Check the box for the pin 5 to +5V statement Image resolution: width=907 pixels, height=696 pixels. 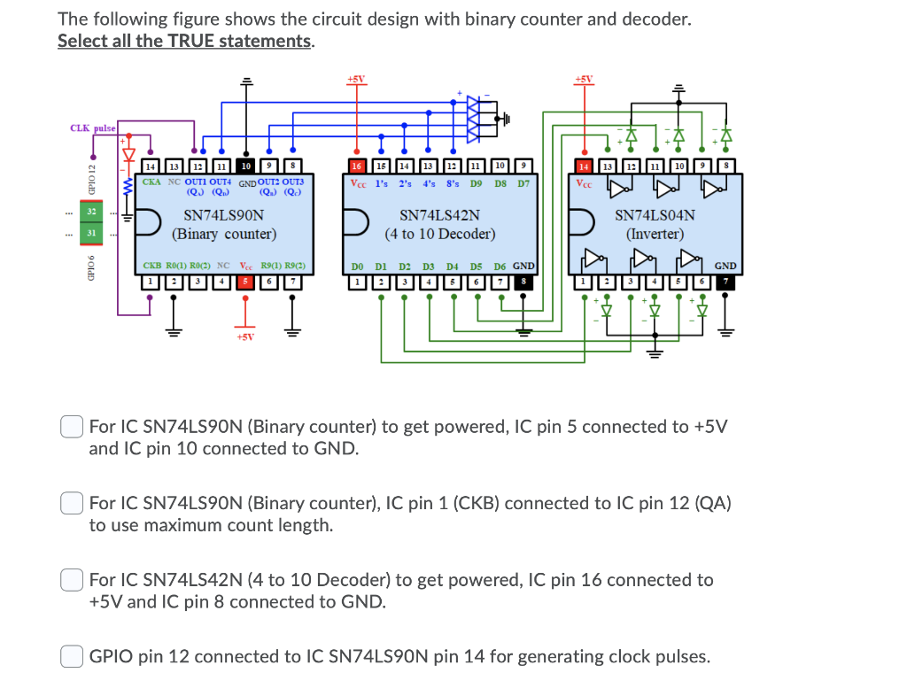[x=73, y=427]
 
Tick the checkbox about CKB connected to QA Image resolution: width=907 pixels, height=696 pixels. [x=73, y=503]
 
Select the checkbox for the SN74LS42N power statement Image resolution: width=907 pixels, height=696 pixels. [x=73, y=580]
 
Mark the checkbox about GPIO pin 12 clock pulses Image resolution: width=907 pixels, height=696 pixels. [x=73, y=656]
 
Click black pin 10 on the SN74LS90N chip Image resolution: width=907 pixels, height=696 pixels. [x=245, y=166]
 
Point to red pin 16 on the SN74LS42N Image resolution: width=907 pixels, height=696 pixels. [x=357, y=166]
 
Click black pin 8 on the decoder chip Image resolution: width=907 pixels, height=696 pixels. [x=523, y=282]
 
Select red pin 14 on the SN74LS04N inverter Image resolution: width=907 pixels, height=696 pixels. [x=584, y=166]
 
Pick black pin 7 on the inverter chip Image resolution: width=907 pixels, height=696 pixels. [x=726, y=282]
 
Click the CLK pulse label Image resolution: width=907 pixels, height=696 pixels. [x=92, y=128]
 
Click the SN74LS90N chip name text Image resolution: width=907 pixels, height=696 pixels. [x=223, y=215]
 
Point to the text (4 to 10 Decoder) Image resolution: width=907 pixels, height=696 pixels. [x=439, y=235]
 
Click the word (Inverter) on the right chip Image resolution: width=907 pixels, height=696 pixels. [x=655, y=235]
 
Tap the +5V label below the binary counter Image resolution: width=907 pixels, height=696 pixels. [x=245, y=336]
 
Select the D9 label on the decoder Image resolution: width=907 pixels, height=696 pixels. [x=476, y=183]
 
